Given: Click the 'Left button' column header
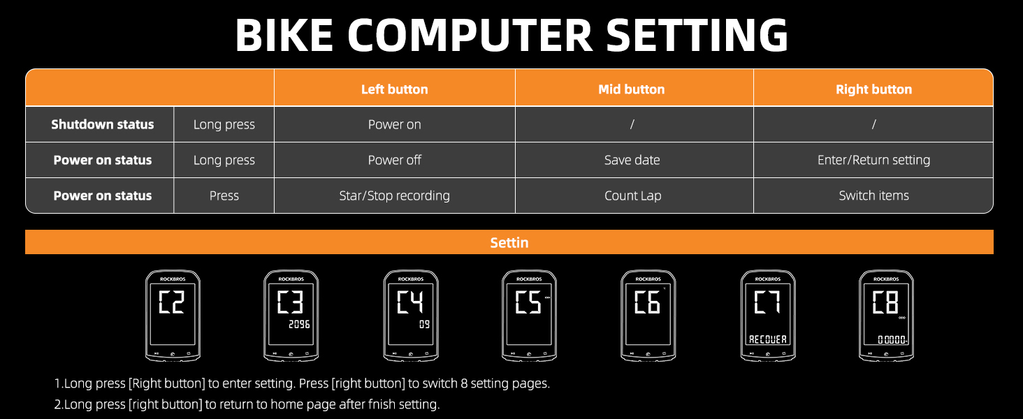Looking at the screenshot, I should [394, 89].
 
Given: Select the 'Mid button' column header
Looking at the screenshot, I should [632, 89].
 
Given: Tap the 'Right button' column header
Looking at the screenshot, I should [873, 89].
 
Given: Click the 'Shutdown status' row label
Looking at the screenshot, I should [102, 124].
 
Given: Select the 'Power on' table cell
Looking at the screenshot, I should [394, 124].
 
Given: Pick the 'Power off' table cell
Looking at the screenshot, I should [394, 160].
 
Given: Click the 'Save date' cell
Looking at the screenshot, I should [632, 160].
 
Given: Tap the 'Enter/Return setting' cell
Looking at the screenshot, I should [873, 160].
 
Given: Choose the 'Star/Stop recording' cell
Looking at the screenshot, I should [394, 196].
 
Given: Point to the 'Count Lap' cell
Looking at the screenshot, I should [632, 196].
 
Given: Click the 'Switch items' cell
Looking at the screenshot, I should [873, 196].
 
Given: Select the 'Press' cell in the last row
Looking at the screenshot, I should [224, 196].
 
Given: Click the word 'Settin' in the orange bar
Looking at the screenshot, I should [509, 242].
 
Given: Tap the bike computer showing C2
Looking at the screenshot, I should [173, 316].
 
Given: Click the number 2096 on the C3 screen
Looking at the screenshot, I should [298, 325].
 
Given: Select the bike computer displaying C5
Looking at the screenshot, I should [529, 316].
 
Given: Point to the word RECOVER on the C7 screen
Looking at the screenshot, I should [767, 339].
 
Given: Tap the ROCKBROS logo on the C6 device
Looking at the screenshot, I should [648, 279].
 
